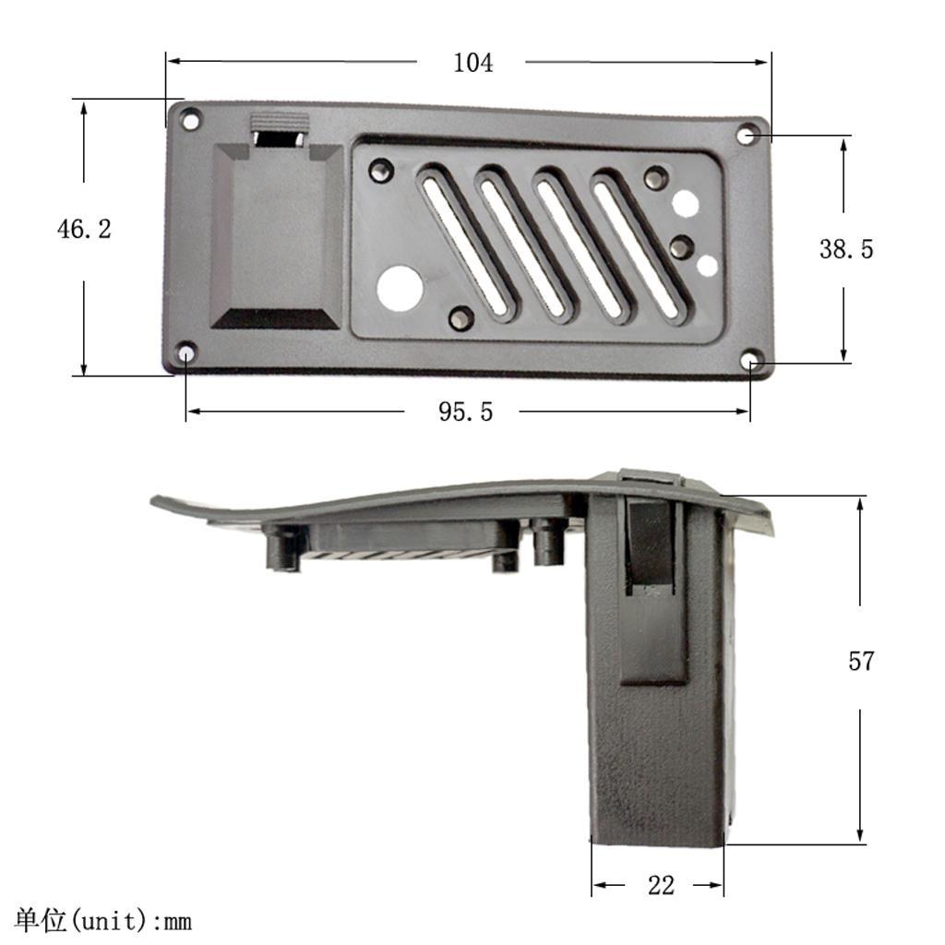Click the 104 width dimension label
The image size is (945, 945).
(x=472, y=63)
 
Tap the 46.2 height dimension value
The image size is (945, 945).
(x=84, y=229)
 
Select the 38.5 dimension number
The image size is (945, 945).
(x=845, y=248)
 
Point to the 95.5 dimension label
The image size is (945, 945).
(x=465, y=412)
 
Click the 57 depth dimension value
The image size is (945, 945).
(x=860, y=661)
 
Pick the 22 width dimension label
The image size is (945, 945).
(x=661, y=885)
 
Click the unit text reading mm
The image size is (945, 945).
(x=177, y=921)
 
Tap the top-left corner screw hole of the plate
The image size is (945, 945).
(x=190, y=119)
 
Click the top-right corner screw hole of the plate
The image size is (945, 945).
(x=747, y=136)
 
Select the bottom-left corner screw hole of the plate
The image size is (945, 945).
(x=185, y=353)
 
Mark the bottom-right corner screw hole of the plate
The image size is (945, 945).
(x=751, y=360)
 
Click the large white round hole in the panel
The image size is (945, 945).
(x=400, y=288)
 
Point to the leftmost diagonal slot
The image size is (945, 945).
(x=464, y=242)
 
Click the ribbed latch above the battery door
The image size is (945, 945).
(x=278, y=123)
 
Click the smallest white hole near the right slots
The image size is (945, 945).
(x=708, y=266)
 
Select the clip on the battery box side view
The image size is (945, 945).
(x=653, y=591)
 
